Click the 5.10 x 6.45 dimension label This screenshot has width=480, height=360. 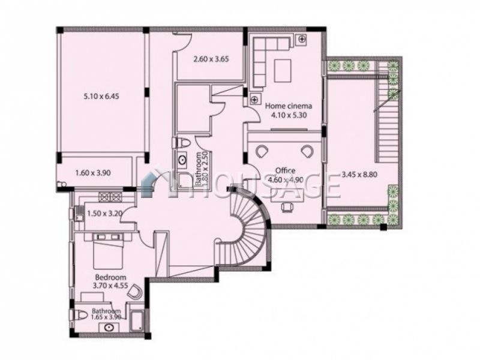click(101, 97)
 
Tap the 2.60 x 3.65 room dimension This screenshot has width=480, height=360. click(211, 59)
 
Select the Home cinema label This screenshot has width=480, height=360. click(289, 106)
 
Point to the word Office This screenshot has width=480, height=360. click(286, 170)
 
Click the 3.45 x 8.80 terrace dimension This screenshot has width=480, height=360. click(359, 175)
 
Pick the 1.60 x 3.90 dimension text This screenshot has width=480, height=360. click(93, 173)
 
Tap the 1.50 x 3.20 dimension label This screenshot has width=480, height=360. click(105, 213)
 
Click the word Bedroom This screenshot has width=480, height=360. click(110, 277)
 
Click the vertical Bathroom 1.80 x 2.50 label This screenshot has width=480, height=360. click(202, 169)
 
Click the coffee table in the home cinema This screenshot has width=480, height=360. click(283, 71)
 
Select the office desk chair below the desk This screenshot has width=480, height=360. click(287, 207)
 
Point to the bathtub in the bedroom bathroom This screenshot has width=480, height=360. click(137, 321)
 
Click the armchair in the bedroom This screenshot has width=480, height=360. click(134, 292)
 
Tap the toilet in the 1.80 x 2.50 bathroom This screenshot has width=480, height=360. click(182, 143)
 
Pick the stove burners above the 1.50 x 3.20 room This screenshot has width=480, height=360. click(110, 197)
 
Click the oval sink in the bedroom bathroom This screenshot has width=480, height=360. click(109, 328)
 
